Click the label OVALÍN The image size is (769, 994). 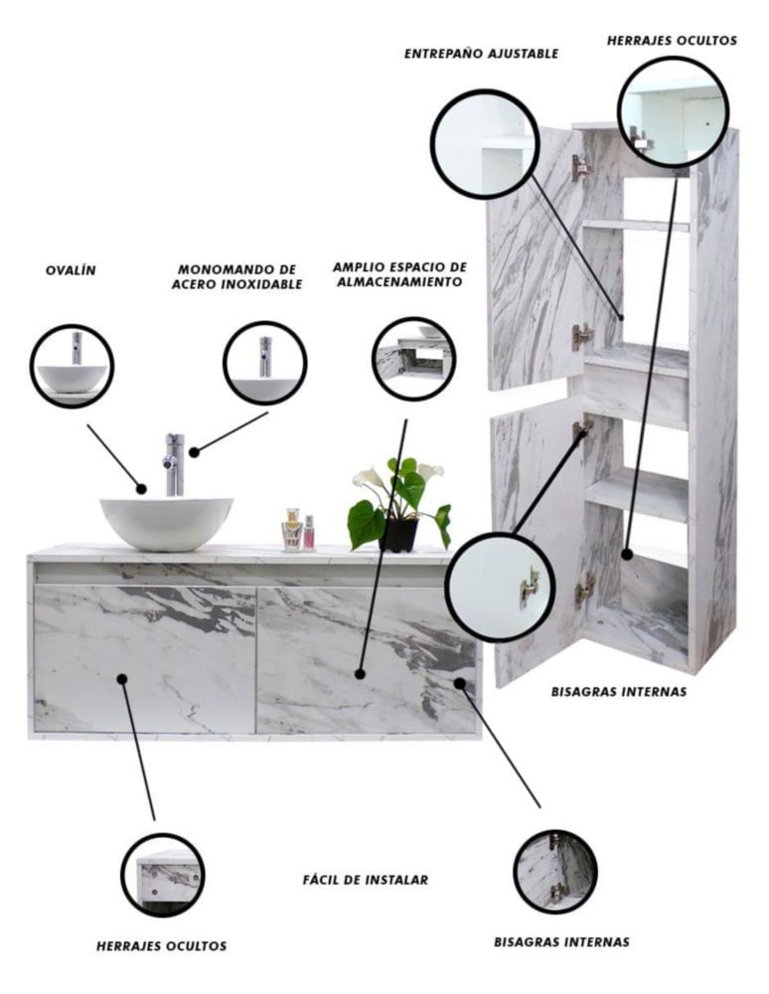click(x=71, y=270)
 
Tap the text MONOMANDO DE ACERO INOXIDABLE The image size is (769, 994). click(x=236, y=277)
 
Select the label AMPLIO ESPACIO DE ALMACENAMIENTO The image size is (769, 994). click(x=399, y=274)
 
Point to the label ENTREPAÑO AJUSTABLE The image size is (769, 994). click(x=482, y=54)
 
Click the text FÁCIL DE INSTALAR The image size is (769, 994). click(x=366, y=880)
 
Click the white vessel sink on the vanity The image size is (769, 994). click(x=167, y=523)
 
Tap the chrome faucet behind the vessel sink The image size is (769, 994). click(x=174, y=464)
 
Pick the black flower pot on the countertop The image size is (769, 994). click(x=398, y=535)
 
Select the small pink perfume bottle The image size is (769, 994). click(x=309, y=533)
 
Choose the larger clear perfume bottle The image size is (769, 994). click(x=292, y=530)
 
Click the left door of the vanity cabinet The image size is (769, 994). click(x=145, y=659)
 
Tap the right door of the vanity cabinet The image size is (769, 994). click(x=367, y=660)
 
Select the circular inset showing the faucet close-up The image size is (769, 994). click(x=265, y=363)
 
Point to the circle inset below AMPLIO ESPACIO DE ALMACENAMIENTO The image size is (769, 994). click(x=414, y=360)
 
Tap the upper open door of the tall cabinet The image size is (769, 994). click(x=536, y=258)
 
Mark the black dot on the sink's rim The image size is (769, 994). click(x=141, y=489)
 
